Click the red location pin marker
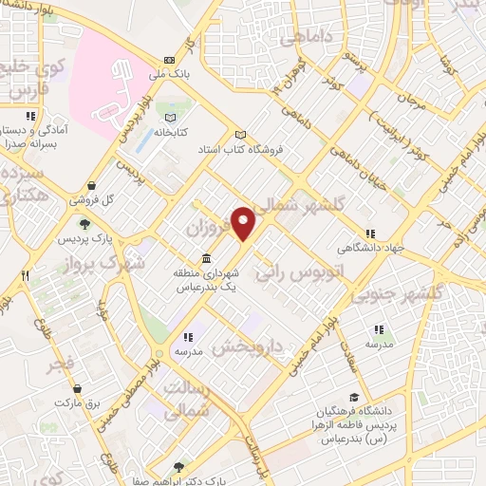pyautogui.click(x=244, y=223)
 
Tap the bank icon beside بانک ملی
pyautogui.click(x=168, y=58)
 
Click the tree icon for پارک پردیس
pyautogui.click(x=85, y=224)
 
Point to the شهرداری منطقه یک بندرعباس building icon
pyautogui.click(x=206, y=258)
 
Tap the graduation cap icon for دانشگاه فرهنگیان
pyautogui.click(x=353, y=398)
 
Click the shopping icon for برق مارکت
pyautogui.click(x=89, y=388)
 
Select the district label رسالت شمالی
pyautogui.click(x=195, y=401)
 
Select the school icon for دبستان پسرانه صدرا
pyautogui.click(x=31, y=117)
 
